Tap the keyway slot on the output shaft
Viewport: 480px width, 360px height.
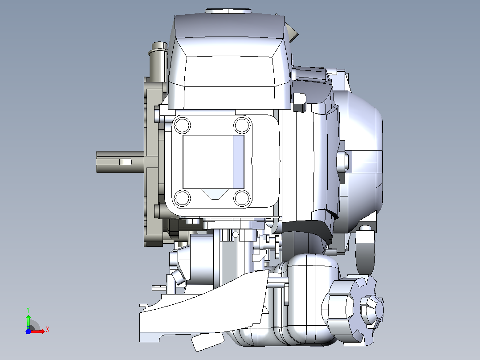[125, 162]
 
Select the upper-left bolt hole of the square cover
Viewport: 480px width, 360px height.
[182, 125]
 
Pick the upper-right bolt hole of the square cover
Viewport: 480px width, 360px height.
[242, 125]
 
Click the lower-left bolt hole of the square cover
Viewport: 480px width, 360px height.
[182, 198]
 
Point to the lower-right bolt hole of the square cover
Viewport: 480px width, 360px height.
[242, 198]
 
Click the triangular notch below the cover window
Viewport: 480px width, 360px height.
[215, 194]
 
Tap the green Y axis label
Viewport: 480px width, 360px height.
[28, 310]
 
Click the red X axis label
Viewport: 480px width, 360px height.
[48, 330]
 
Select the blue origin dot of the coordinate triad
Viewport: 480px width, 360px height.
[28, 331]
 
